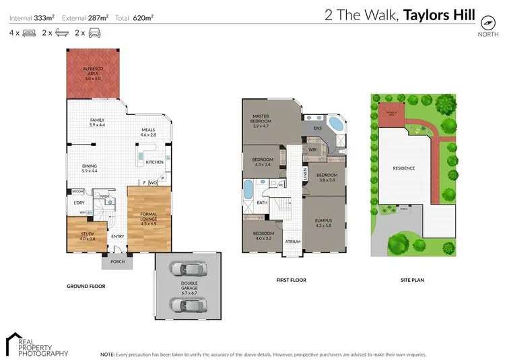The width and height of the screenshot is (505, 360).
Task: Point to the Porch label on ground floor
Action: tap(117, 262)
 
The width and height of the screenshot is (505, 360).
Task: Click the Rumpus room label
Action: tap(324, 222)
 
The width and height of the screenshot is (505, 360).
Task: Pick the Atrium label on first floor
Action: tap(292, 241)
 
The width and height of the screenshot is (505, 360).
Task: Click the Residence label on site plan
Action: tap(404, 168)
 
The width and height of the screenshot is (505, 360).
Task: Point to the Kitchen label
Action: tap(154, 162)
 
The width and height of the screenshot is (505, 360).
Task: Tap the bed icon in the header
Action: tap(29, 32)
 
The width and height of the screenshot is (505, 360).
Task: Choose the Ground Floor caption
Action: tap(86, 286)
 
